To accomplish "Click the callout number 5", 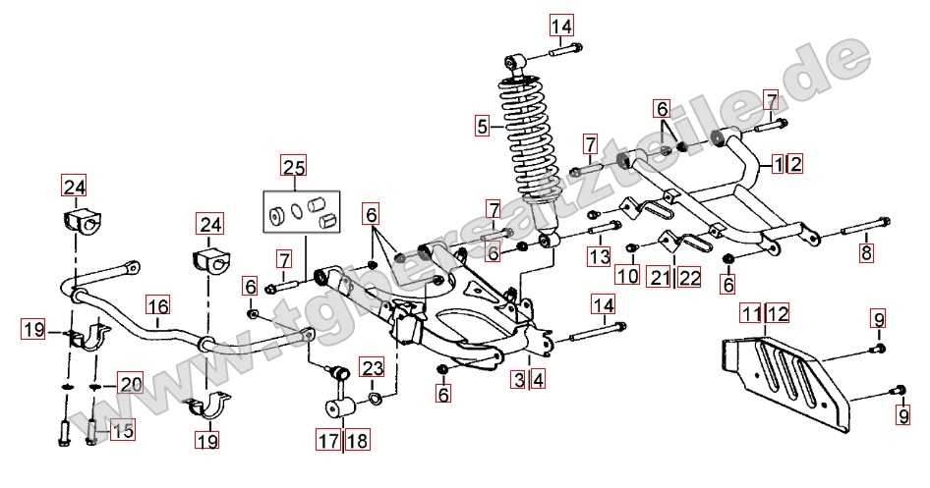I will (x=482, y=126).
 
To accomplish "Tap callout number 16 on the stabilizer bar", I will (x=158, y=304).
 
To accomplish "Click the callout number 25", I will (x=293, y=166).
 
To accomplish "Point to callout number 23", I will (x=370, y=367).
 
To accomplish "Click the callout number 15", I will (x=122, y=429).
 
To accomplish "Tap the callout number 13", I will (x=600, y=256).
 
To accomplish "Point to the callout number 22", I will (x=689, y=278).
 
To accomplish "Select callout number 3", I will (x=518, y=378).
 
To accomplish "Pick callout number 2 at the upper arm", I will (x=794, y=163).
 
